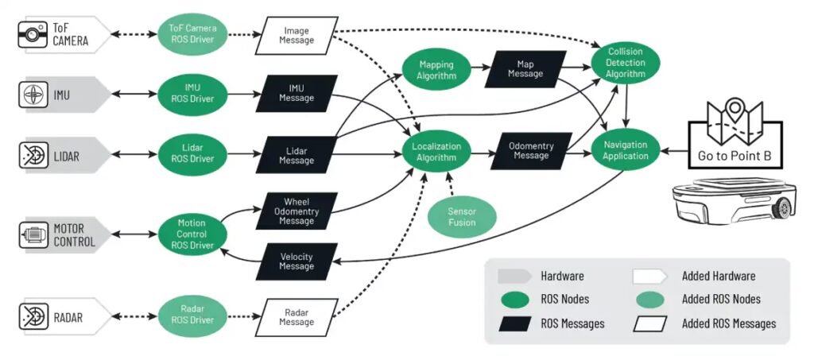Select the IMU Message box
[x=297, y=93]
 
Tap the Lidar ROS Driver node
[x=193, y=154]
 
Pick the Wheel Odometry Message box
[x=297, y=211]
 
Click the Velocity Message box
[x=297, y=262]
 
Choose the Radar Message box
[x=297, y=317]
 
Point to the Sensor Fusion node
[x=462, y=217]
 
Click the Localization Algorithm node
[x=435, y=152]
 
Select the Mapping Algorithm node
[x=436, y=71]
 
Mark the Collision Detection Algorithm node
[x=625, y=62]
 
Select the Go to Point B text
[x=735, y=155]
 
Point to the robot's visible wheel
[x=783, y=209]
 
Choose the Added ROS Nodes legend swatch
[x=654, y=300]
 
